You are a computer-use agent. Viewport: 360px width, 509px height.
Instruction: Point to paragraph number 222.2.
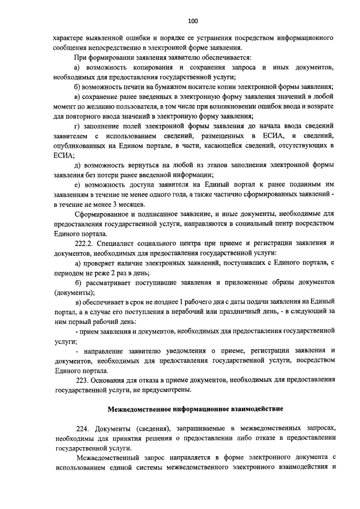(x=82, y=244)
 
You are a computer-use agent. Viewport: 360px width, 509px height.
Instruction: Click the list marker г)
(x=78, y=126)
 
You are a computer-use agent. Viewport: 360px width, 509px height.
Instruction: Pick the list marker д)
(x=78, y=165)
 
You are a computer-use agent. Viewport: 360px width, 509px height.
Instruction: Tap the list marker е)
(x=78, y=184)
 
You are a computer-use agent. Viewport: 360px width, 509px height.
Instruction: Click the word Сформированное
(x=102, y=214)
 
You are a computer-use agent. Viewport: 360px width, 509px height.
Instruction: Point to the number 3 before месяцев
(x=115, y=204)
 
